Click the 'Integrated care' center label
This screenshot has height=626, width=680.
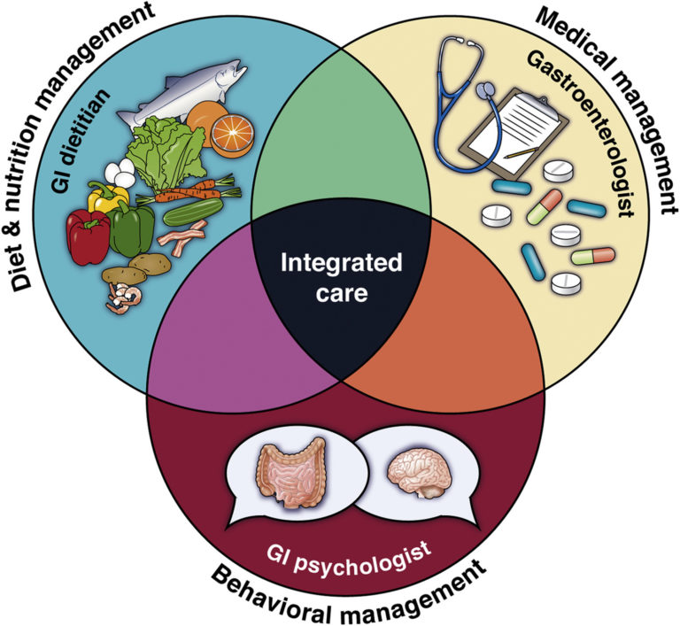tap(341, 277)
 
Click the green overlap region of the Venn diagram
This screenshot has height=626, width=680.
tap(340, 159)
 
